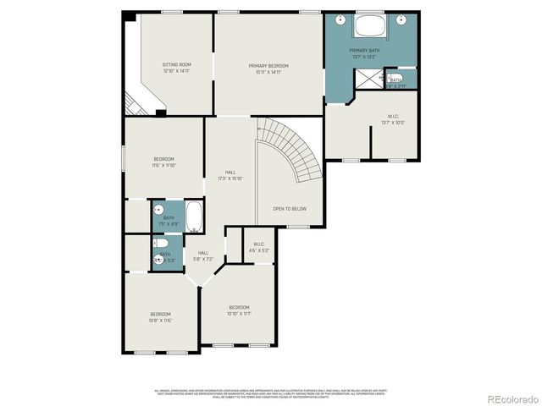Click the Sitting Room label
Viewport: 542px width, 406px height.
pyautogui.click(x=177, y=68)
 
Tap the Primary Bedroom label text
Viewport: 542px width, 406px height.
pyautogui.click(x=268, y=69)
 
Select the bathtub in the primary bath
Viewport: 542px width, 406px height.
pyautogui.click(x=371, y=25)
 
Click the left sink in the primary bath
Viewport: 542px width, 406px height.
pyautogui.click(x=339, y=19)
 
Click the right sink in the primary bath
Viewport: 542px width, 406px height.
pyautogui.click(x=404, y=19)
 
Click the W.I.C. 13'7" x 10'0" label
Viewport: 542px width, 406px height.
pyautogui.click(x=394, y=119)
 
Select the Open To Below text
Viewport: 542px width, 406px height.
pyautogui.click(x=289, y=208)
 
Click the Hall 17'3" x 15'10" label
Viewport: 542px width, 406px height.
pyautogui.click(x=230, y=175)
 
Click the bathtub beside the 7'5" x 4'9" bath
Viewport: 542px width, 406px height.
pyautogui.click(x=193, y=217)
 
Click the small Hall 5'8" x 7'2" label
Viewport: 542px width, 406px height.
pyautogui.click(x=203, y=255)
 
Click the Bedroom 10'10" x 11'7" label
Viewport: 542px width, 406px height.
pyautogui.click(x=239, y=310)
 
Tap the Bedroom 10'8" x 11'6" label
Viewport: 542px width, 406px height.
pyautogui.click(x=161, y=317)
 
